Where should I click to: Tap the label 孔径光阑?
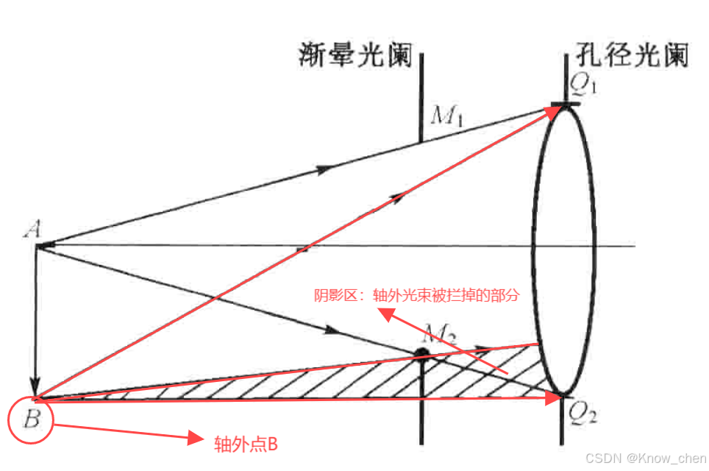coord(630,55)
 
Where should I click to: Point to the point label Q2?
coord(582,417)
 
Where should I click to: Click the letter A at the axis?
coord(32,230)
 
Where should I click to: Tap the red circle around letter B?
coord(32,420)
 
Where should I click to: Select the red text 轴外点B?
coord(246,443)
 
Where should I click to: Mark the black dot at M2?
coord(421,354)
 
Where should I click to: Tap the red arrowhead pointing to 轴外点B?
coord(195,439)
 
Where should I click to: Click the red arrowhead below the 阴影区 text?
coord(384,314)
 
